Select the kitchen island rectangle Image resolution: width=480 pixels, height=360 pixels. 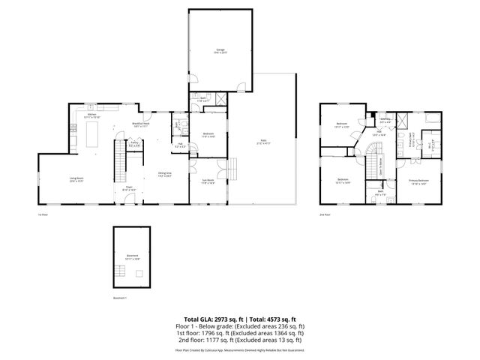(x=94, y=136)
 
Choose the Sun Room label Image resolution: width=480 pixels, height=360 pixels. (x=208, y=181)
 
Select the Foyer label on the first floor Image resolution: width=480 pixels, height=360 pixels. (x=128, y=189)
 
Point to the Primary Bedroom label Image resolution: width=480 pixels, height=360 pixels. (x=418, y=182)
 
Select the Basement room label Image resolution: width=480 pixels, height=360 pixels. (x=132, y=256)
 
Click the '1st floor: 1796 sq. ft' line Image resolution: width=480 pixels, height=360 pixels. (x=240, y=332)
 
